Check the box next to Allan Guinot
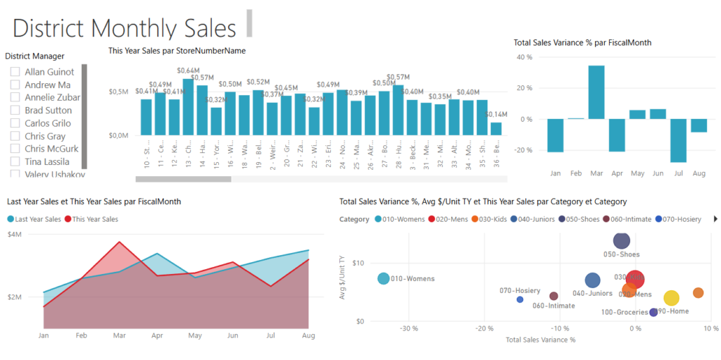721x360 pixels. click(x=15, y=72)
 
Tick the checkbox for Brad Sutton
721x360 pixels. click(x=15, y=111)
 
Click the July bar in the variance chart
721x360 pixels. click(x=678, y=140)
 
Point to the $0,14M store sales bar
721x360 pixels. click(x=496, y=128)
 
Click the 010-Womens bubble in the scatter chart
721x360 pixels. click(x=383, y=278)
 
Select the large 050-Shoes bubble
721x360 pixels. click(x=621, y=241)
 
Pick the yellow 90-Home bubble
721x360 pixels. click(x=671, y=298)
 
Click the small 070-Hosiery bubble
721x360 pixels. click(x=520, y=299)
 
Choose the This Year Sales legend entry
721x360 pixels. click(x=92, y=219)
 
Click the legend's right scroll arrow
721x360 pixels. click(x=716, y=219)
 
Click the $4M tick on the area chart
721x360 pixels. click(x=14, y=234)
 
